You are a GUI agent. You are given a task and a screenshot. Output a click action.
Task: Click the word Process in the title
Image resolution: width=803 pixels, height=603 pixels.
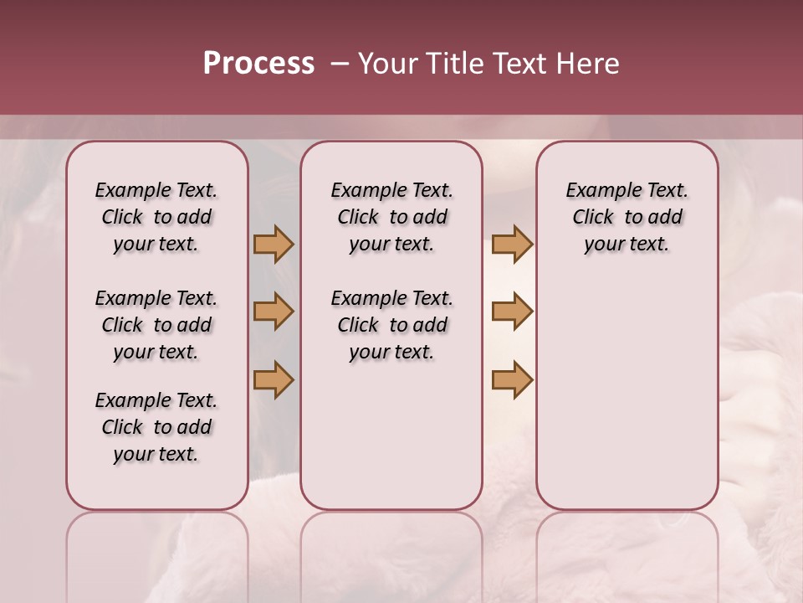coord(258,64)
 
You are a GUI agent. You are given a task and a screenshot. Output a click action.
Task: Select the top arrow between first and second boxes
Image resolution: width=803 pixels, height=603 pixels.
coord(274,244)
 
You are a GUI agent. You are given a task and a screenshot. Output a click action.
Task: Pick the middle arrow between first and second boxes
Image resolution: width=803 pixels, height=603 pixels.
coord(274,312)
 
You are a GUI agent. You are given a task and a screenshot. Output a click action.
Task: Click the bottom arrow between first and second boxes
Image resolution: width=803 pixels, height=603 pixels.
coord(274,379)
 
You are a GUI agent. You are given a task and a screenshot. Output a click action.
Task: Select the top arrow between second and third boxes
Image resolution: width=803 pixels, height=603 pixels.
coord(512,244)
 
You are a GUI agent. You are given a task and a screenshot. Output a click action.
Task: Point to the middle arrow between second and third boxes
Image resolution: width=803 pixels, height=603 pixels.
coord(512,312)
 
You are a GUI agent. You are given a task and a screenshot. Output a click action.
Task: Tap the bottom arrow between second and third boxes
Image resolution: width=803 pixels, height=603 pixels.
coord(512,379)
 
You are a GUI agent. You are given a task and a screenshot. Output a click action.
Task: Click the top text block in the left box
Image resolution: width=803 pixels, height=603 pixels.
coord(156,217)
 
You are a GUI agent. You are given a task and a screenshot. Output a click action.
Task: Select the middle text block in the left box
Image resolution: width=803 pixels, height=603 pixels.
coord(156,325)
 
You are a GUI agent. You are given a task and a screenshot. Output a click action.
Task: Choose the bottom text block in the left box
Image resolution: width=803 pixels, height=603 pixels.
coord(156,427)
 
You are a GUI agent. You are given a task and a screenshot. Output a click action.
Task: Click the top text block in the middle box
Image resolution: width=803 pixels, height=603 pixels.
coord(391,217)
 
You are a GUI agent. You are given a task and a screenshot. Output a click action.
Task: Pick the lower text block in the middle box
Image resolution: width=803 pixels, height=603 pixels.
coord(391,325)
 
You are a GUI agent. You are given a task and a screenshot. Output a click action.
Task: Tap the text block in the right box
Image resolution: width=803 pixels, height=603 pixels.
coord(627,217)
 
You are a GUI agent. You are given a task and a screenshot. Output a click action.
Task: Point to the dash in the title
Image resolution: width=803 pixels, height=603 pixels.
coord(339,64)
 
